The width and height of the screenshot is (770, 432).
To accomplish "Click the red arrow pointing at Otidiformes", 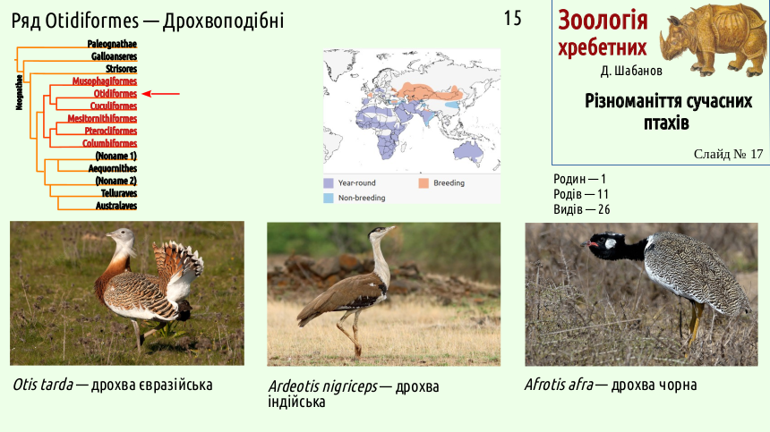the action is point(160,94).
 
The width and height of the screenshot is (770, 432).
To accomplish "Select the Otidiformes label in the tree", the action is point(115,94).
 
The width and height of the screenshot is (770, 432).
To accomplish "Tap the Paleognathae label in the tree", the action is point(112,44).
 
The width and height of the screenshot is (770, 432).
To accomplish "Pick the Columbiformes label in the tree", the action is point(109,143).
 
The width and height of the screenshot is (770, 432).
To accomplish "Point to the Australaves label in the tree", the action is point(116,206).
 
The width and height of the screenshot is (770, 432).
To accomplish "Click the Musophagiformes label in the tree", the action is point(105,80).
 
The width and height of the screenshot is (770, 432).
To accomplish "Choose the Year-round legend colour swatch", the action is point(329,182).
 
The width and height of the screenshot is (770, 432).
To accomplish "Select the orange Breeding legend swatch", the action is point(423,182).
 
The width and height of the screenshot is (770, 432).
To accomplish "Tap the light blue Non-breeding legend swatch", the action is point(329,198).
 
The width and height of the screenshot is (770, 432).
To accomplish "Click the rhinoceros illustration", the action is point(712,39).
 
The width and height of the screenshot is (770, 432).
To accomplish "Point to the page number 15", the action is point(513,19).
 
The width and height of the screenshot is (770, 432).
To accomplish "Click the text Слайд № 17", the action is point(728,154).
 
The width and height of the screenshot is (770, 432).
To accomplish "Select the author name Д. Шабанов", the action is point(631,71).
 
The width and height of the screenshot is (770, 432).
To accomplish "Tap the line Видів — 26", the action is point(582,209).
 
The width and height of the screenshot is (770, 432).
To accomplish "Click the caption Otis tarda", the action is point(43,385).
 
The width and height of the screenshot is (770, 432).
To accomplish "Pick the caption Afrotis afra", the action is point(559,385).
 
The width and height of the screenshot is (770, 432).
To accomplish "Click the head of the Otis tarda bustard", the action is point(121,236).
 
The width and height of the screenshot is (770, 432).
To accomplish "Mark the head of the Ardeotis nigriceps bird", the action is point(381,232).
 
